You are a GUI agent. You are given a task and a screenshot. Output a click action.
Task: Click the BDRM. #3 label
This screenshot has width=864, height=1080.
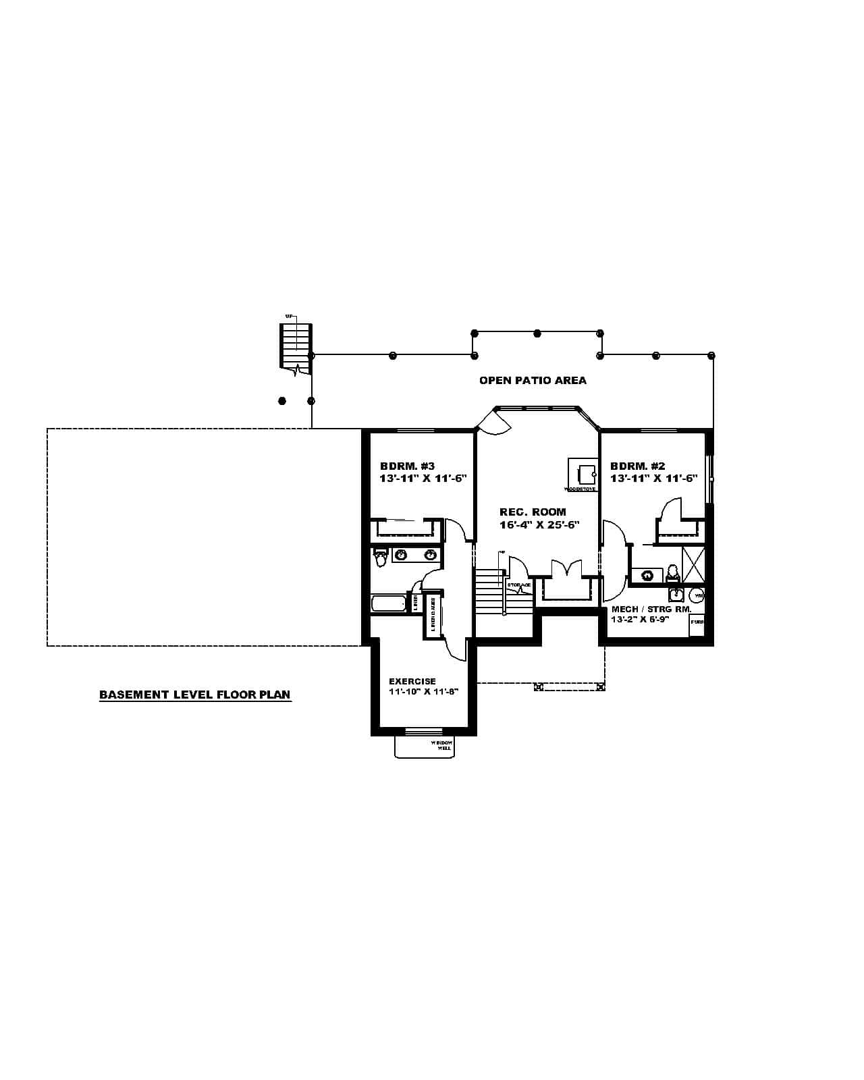[x=407, y=466]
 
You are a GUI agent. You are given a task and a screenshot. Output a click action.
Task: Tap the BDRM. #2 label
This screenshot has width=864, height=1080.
[x=637, y=466]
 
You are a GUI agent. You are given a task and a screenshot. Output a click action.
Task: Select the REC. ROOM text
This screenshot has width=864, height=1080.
[x=533, y=512]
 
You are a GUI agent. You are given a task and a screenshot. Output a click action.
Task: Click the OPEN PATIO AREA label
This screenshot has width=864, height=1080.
[x=533, y=380]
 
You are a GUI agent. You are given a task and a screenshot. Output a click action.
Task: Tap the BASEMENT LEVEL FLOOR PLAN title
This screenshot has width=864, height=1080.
[x=195, y=694]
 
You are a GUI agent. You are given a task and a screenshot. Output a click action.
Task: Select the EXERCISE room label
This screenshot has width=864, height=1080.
[x=412, y=681]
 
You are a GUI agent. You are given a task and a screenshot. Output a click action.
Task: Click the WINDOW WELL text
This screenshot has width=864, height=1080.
[x=444, y=745]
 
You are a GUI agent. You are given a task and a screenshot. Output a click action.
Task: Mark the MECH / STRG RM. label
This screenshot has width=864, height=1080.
[x=651, y=609]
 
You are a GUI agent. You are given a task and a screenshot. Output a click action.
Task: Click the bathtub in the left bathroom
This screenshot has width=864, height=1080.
[x=388, y=603]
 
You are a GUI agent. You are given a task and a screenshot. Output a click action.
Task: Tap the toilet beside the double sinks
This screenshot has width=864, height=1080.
[x=380, y=558]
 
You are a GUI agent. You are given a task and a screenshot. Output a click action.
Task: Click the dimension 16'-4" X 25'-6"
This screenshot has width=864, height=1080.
[x=539, y=524]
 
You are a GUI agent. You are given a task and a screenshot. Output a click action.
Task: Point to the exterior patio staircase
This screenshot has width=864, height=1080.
[x=296, y=346]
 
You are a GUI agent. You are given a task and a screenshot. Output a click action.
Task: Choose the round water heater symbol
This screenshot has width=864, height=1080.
[x=698, y=595]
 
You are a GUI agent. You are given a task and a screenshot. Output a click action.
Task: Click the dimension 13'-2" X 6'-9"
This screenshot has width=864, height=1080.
[x=639, y=619]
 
